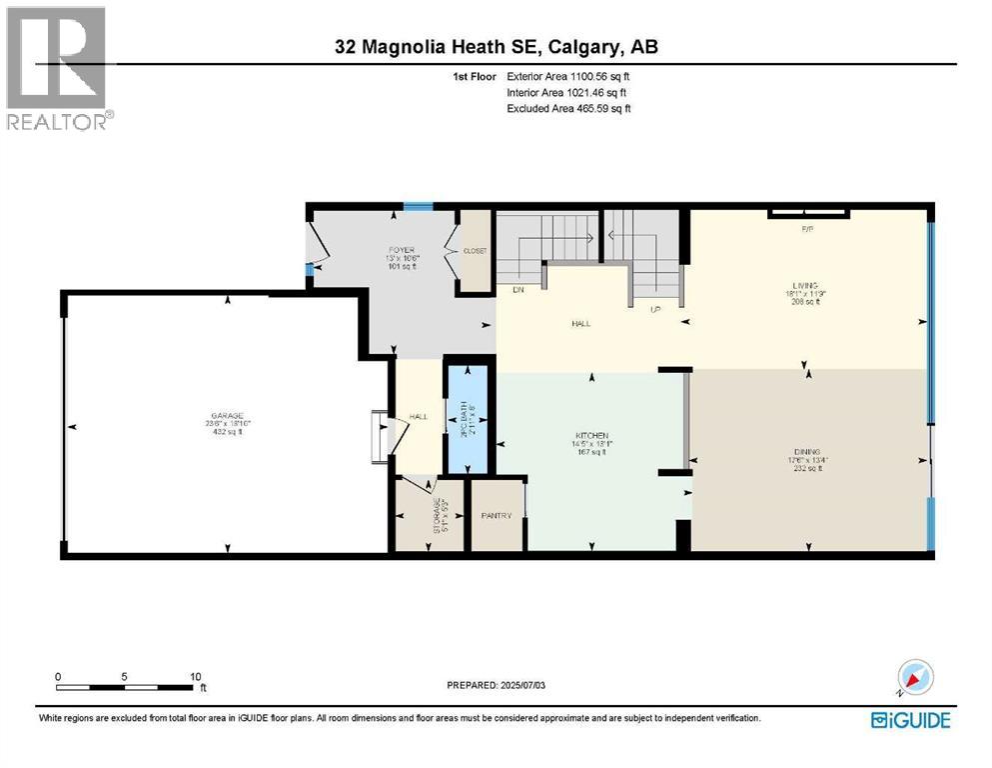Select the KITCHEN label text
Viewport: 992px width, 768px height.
point(591,436)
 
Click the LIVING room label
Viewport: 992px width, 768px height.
point(805,284)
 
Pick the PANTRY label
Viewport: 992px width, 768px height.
point(496,516)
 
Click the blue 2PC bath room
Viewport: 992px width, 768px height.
point(466,420)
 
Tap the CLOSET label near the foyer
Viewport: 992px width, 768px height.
point(475,251)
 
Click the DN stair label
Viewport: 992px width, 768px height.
point(517,291)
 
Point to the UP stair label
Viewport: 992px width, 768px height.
point(656,309)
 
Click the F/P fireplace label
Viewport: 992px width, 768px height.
point(808,229)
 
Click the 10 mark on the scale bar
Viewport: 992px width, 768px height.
point(196,676)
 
